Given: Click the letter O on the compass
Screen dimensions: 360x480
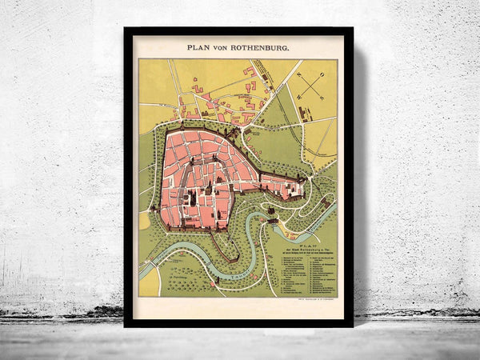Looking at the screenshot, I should (321, 74).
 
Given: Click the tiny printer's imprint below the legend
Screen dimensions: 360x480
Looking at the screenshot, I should (314, 298).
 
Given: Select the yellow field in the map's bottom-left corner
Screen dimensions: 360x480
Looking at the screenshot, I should (150, 282).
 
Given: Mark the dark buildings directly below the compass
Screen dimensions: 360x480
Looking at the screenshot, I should (312, 113).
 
